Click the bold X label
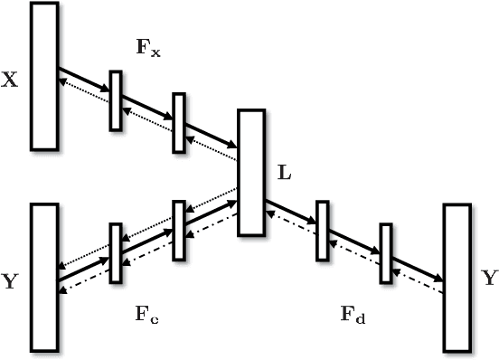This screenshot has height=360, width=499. [x=10, y=80]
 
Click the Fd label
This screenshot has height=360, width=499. [x=353, y=315]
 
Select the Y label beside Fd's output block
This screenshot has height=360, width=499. [x=489, y=279]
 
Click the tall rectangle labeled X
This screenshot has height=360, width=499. [x=44, y=75]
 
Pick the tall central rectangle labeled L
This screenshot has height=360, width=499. [x=250, y=173]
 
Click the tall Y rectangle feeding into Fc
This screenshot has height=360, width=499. [x=44, y=277]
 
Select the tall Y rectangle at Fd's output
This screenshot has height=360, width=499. [x=457, y=277]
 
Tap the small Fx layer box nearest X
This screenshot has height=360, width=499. [x=115, y=100]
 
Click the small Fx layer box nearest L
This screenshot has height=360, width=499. [x=178, y=123]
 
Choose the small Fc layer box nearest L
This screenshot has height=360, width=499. [x=178, y=230]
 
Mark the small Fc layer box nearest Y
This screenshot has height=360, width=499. [x=115, y=253]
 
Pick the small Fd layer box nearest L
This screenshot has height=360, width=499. [x=322, y=230]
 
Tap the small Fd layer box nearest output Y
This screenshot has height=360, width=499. [x=386, y=252]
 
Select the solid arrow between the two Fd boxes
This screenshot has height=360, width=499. [x=353, y=237]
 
